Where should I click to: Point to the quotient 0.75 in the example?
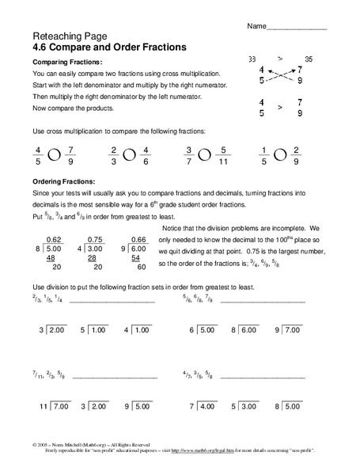click(94, 240)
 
